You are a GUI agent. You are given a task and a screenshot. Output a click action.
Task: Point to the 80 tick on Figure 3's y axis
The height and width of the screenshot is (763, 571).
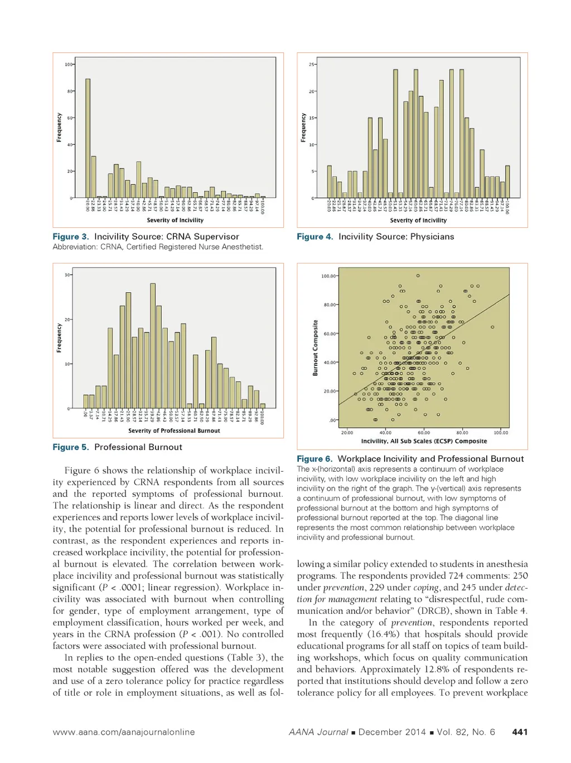click(x=70, y=91)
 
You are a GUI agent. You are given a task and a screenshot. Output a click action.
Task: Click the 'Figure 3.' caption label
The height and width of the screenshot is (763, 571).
click(x=71, y=237)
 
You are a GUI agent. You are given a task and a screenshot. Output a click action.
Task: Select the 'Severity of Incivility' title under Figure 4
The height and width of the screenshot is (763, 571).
click(x=418, y=221)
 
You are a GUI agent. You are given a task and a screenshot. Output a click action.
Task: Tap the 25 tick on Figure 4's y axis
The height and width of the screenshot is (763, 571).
click(x=312, y=65)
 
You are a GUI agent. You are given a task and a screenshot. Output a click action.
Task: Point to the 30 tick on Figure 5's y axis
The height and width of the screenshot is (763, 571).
click(x=67, y=275)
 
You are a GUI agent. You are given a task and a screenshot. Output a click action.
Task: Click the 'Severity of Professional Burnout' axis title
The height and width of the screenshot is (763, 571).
click(x=174, y=431)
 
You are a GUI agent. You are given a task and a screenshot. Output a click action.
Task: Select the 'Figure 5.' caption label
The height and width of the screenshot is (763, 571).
click(x=71, y=447)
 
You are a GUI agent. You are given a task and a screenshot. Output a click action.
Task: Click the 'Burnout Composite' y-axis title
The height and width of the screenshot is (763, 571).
click(x=315, y=348)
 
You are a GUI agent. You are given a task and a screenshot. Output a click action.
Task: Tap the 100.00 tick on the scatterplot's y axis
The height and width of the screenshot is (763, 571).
click(x=328, y=276)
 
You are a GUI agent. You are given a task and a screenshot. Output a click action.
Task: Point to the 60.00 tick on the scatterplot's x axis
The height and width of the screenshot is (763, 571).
click(x=424, y=433)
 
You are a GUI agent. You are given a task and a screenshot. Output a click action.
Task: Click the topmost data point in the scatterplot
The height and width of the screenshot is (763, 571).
click(x=418, y=276)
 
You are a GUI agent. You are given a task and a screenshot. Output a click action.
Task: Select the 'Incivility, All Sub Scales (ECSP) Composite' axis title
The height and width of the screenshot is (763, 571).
click(x=424, y=441)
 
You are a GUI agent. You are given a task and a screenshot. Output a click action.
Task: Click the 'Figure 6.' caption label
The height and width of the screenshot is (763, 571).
click(x=314, y=459)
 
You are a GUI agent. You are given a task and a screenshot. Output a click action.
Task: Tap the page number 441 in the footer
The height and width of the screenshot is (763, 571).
click(x=520, y=732)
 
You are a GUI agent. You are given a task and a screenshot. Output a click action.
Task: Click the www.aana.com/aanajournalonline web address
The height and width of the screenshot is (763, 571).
click(x=124, y=732)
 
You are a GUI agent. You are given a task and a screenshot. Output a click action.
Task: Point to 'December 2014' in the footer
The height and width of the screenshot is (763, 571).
click(x=392, y=732)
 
